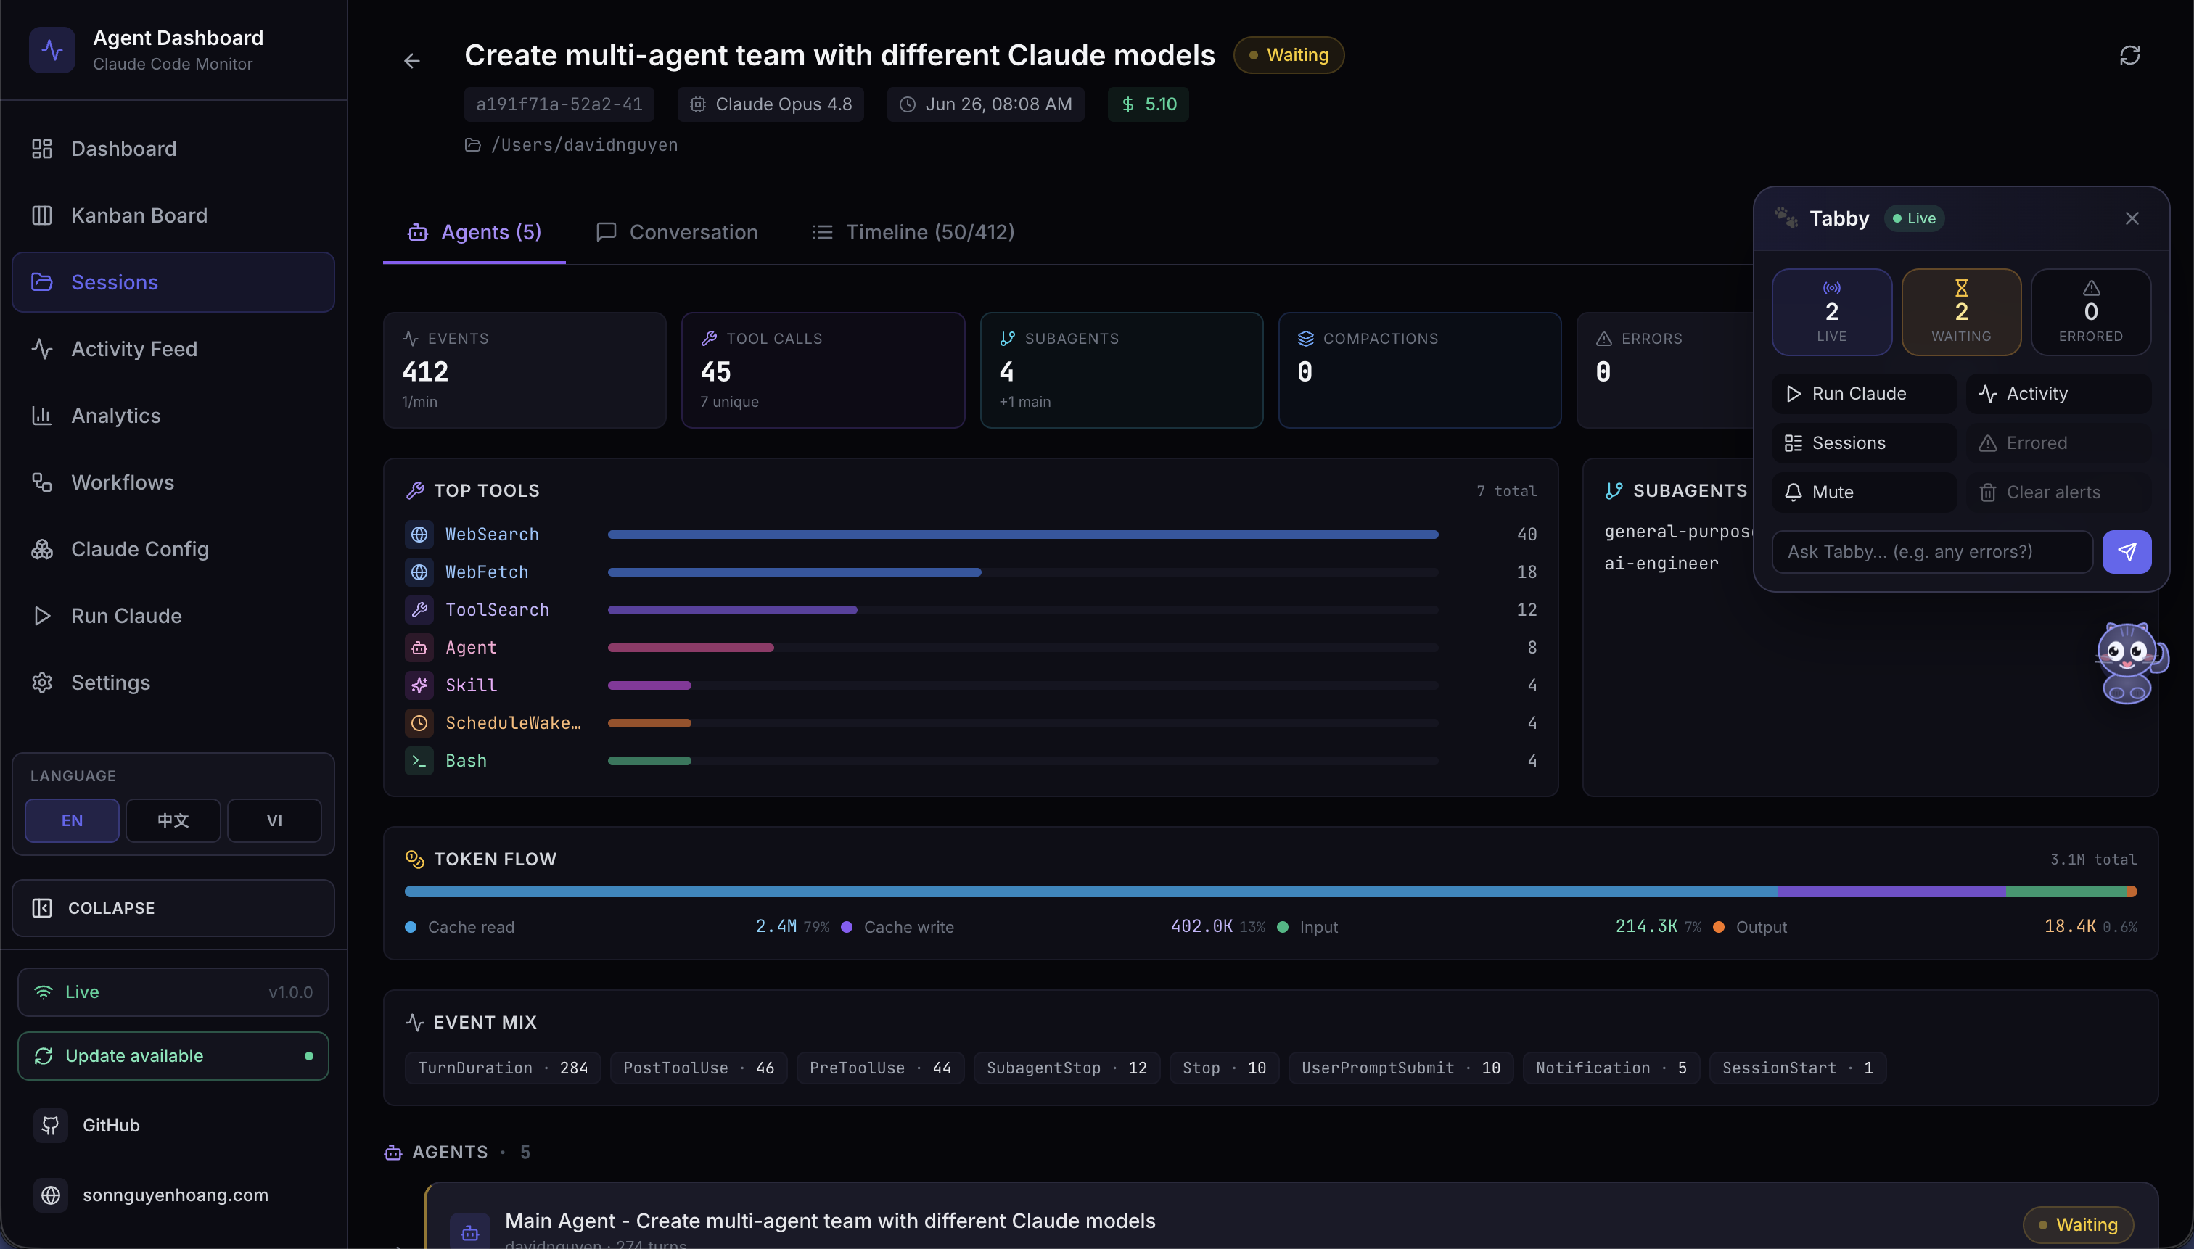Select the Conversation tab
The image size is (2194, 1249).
pyautogui.click(x=677, y=233)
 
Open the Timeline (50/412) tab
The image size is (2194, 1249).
pyautogui.click(x=913, y=233)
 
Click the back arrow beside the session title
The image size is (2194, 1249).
pyautogui.click(x=412, y=60)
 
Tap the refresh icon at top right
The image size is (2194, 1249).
pyautogui.click(x=2129, y=56)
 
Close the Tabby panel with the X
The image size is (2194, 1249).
pyautogui.click(x=2132, y=219)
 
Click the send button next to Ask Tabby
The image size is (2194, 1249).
pyautogui.click(x=2127, y=551)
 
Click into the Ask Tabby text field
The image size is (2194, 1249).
pyautogui.click(x=1931, y=551)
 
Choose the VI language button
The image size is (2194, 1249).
pyautogui.click(x=274, y=820)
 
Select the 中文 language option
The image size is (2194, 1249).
pyautogui.click(x=173, y=820)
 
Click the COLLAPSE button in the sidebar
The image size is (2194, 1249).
pyautogui.click(x=173, y=907)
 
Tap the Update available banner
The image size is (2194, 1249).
pyautogui.click(x=173, y=1055)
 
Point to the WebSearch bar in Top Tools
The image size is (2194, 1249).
pyautogui.click(x=1023, y=535)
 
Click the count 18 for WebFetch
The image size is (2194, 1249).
pyautogui.click(x=1527, y=572)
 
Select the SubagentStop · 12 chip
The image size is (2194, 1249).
pyautogui.click(x=1067, y=1068)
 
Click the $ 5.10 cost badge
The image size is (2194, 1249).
pyautogui.click(x=1148, y=104)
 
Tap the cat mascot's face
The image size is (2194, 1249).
pyautogui.click(x=2127, y=651)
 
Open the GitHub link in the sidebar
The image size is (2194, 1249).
pyautogui.click(x=111, y=1125)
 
